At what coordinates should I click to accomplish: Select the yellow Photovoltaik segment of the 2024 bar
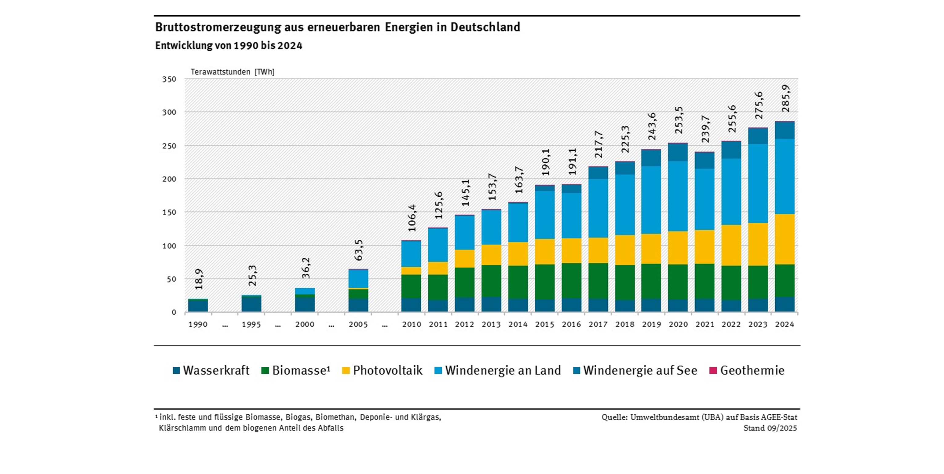point(785,239)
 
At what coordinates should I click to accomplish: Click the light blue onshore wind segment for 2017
point(598,208)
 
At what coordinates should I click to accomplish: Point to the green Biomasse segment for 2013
point(491,281)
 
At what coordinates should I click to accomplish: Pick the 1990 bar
point(198,305)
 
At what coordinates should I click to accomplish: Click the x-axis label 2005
point(358,324)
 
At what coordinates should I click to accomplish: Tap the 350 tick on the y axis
point(169,79)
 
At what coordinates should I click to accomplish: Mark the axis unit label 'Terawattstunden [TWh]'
point(232,72)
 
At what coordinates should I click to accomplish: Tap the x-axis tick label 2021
point(705,324)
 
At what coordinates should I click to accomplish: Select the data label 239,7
point(705,129)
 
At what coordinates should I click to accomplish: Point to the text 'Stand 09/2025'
point(770,428)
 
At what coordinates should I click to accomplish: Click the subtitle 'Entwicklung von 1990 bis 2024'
point(229,46)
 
